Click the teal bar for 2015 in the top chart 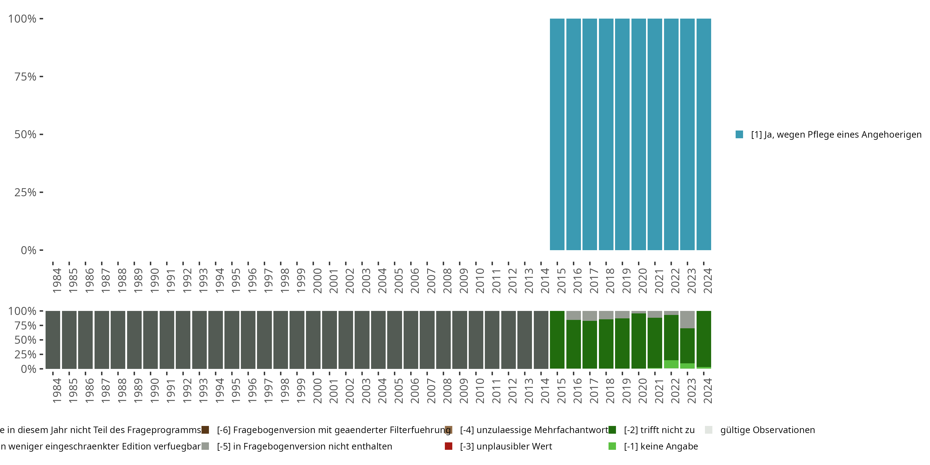(x=557, y=134)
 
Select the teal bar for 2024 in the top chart (x=704, y=134)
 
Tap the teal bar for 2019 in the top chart (x=622, y=134)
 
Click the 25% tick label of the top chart (x=25, y=193)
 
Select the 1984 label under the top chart (x=57, y=281)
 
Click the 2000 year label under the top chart (x=317, y=281)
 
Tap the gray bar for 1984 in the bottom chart (x=53, y=340)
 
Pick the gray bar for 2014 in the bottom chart (x=541, y=340)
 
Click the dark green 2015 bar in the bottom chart (x=557, y=340)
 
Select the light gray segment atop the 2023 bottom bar (x=687, y=320)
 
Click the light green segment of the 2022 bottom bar (x=671, y=364)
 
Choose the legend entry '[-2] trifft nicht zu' (x=659, y=430)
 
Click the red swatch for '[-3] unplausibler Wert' (x=448, y=446)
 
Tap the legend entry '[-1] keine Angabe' (x=661, y=446)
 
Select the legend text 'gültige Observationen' (x=767, y=430)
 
